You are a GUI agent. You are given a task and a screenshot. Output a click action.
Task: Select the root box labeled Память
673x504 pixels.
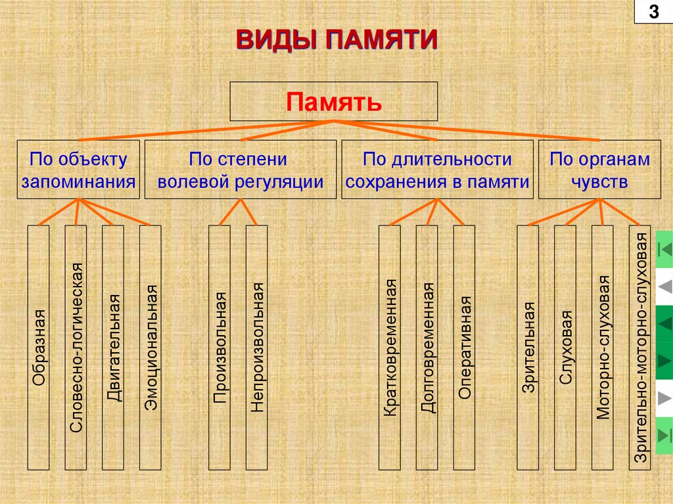(333, 101)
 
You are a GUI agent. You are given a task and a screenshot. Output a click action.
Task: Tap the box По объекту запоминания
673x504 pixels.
(78, 170)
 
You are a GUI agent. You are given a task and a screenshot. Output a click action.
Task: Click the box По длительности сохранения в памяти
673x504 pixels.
(437, 170)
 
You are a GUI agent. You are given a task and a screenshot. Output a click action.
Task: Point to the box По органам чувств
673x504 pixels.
(599, 170)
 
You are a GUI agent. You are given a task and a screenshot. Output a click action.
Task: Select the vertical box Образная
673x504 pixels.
(39, 348)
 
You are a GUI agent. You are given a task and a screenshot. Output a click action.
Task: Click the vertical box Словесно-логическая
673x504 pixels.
(76, 348)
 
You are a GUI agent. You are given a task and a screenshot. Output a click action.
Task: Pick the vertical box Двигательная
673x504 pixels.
(113, 348)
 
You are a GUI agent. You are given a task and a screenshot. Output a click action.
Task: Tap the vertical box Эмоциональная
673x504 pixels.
(151, 348)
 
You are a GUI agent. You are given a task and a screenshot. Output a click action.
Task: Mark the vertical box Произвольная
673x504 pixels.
(220, 348)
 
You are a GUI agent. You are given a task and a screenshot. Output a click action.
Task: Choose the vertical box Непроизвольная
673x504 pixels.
(256, 348)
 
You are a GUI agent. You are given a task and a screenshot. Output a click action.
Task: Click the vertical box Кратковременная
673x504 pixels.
(390, 348)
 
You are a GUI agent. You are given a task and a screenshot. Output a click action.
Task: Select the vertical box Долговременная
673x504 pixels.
(427, 348)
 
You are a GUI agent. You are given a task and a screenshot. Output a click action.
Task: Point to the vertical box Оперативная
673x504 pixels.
(464, 348)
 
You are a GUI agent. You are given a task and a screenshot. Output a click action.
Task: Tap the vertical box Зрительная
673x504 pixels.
(528, 348)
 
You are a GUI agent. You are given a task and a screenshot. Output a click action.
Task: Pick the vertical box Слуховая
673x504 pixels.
(565, 348)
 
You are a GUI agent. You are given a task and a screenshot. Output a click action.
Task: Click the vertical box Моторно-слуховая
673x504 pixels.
(602, 348)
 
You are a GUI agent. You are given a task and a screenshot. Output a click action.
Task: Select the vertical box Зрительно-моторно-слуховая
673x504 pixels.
(639, 348)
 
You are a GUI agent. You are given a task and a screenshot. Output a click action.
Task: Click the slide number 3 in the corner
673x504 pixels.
(654, 12)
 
